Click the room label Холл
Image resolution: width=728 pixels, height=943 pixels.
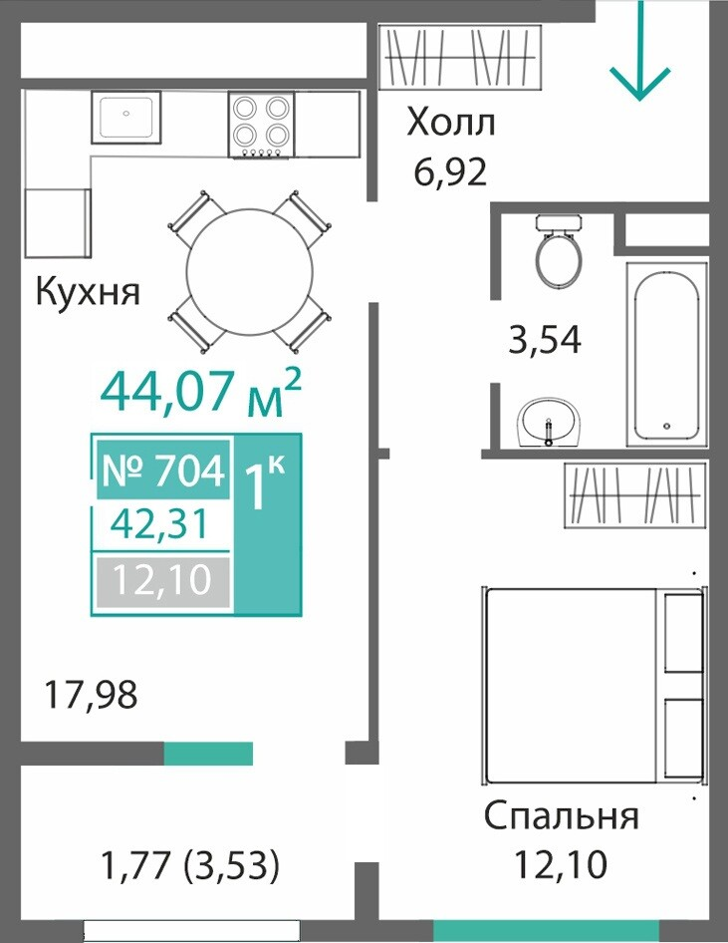pyautogui.click(x=450, y=123)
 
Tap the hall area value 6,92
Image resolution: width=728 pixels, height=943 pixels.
pyautogui.click(x=450, y=172)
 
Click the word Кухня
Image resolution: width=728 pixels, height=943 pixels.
pyautogui.click(x=88, y=292)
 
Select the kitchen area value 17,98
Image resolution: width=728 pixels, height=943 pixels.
pyautogui.click(x=91, y=694)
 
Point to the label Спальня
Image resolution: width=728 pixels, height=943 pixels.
pyautogui.click(x=562, y=816)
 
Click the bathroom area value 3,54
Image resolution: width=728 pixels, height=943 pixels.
pyautogui.click(x=545, y=339)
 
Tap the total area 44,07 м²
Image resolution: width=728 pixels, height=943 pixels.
pyautogui.click(x=200, y=391)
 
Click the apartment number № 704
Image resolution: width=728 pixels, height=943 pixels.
pyautogui.click(x=163, y=470)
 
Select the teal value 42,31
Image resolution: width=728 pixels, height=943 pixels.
pyautogui.click(x=159, y=523)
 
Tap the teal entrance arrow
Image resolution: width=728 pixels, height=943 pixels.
pyautogui.click(x=640, y=50)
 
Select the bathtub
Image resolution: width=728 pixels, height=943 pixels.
pyautogui.click(x=667, y=353)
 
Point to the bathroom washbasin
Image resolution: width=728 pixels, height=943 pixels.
pyautogui.click(x=549, y=422)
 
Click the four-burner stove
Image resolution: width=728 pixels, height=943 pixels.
pyautogui.click(x=261, y=125)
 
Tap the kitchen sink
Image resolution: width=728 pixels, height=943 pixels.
pyautogui.click(x=126, y=118)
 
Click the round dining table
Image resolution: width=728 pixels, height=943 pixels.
pyautogui.click(x=250, y=271)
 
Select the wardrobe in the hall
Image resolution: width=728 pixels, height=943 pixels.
pyautogui.click(x=461, y=58)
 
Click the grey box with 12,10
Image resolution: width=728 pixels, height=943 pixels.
pyautogui.click(x=163, y=581)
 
